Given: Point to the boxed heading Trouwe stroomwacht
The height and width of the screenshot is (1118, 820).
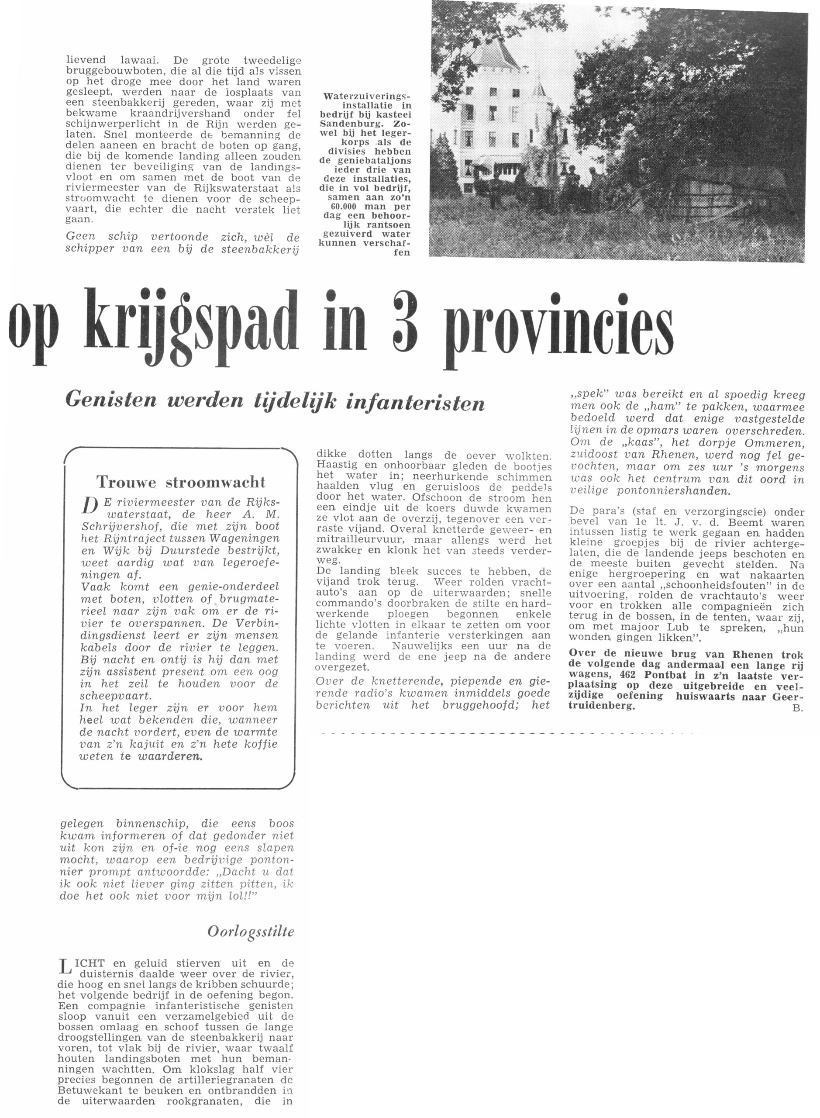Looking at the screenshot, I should (x=181, y=482).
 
